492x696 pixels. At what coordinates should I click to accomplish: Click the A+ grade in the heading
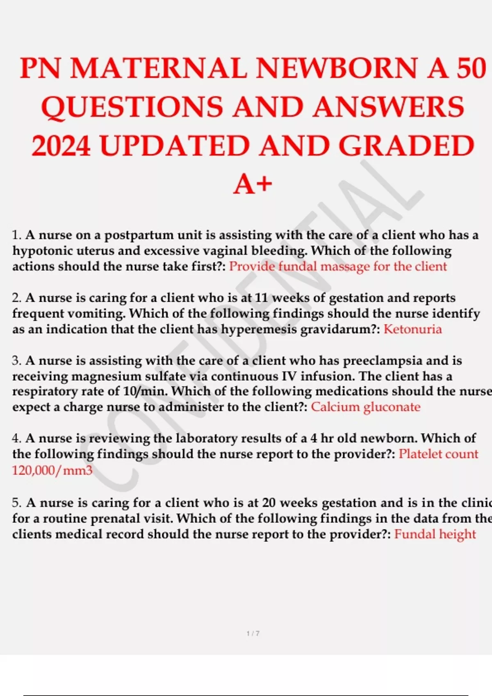253,184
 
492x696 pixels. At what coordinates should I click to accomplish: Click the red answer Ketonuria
412,329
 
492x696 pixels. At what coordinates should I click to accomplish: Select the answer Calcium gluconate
366,407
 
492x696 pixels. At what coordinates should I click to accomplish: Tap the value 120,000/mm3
52,470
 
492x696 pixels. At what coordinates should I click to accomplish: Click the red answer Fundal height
435,534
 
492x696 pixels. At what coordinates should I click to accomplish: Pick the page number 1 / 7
253,633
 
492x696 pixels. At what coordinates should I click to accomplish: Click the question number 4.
16,438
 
